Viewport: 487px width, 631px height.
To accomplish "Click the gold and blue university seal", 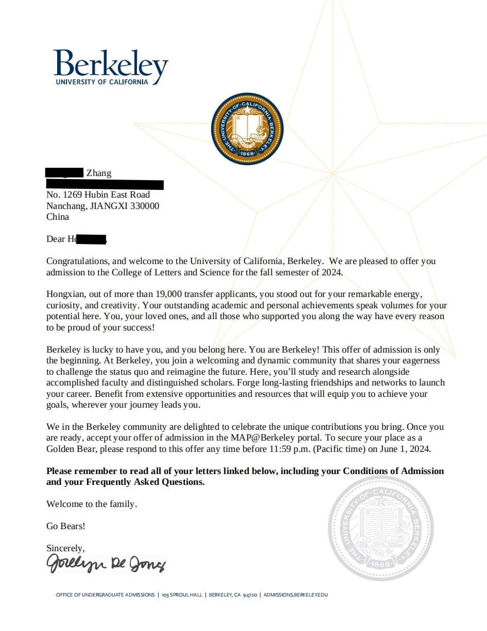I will pyautogui.click(x=247, y=129).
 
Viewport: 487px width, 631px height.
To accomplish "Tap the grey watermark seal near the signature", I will pyautogui.click(x=381, y=529).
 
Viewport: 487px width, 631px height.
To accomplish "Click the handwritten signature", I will pyautogui.click(x=106, y=564).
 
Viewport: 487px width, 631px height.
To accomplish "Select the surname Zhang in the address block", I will pyautogui.click(x=99, y=173).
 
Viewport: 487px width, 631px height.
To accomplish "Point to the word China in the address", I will pyautogui.click(x=58, y=217).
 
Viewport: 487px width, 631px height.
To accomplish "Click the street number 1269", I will pyautogui.click(x=74, y=195).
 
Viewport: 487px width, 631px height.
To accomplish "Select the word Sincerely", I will pyautogui.click(x=65, y=548).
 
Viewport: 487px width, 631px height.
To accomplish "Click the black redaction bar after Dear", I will pyautogui.click(x=91, y=239).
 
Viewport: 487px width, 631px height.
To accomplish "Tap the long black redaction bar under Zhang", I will pyautogui.click(x=105, y=184).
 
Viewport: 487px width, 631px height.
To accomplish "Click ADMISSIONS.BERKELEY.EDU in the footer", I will pyautogui.click(x=295, y=595).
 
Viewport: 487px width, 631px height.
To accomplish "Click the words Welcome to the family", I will pyautogui.click(x=92, y=504).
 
